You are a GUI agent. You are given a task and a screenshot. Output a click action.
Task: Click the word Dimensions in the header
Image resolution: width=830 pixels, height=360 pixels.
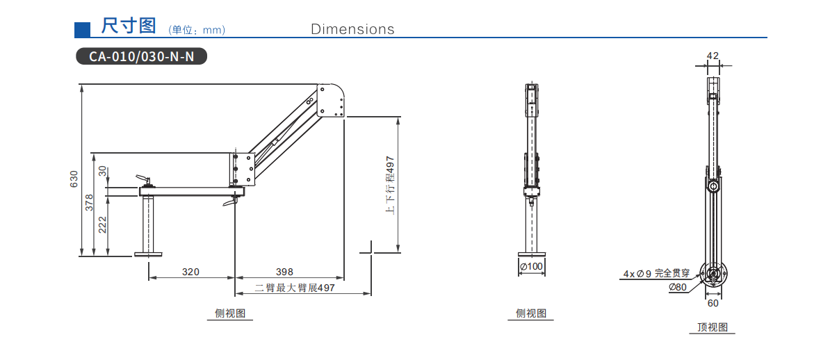352,29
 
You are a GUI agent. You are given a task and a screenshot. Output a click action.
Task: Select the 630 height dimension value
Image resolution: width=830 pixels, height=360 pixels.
74,179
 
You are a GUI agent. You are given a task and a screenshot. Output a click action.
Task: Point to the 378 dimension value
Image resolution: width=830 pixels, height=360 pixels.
88,202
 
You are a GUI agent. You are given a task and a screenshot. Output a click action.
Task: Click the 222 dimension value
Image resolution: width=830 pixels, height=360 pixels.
103,224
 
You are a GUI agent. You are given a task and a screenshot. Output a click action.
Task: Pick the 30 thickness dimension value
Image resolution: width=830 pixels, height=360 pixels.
102,170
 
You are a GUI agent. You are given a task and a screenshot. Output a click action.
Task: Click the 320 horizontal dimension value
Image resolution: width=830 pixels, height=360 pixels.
190,272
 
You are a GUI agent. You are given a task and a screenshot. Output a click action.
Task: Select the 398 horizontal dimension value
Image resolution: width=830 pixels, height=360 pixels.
284,272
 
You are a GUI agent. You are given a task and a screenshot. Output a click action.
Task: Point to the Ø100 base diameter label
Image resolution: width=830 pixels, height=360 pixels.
531,266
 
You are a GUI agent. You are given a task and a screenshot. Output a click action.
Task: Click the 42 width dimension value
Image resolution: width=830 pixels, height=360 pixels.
713,55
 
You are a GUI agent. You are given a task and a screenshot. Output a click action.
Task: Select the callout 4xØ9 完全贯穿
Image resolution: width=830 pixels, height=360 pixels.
656,274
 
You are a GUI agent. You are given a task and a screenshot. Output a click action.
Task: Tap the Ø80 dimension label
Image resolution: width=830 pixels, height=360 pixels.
677,287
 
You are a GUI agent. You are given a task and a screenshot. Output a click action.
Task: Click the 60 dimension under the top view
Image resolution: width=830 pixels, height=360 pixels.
713,302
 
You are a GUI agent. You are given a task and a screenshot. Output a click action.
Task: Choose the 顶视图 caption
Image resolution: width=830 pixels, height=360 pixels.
713,327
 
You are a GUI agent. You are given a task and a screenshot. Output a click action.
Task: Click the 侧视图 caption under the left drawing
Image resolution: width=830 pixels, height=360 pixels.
230,313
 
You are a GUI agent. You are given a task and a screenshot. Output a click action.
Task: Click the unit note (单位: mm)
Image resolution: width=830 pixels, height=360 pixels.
197,30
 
